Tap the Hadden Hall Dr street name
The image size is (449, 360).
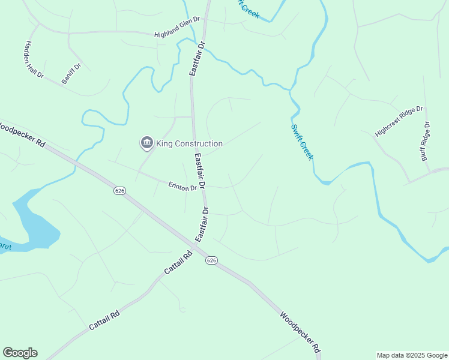tap(34, 60)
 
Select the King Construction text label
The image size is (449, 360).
tap(190, 143)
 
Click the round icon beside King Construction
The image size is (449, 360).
tap(146, 143)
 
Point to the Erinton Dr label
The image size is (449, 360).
tap(182, 187)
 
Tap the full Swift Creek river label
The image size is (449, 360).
tap(301, 142)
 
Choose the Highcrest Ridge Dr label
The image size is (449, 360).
tap(399, 122)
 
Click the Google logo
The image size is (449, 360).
tap(20, 353)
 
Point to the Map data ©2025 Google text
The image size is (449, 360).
tap(411, 355)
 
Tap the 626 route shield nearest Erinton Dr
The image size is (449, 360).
tap(119, 190)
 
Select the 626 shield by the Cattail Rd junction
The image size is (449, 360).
tap(211, 260)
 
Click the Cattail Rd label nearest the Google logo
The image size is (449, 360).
tap(104, 320)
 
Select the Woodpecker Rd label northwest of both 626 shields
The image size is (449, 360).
tap(22, 135)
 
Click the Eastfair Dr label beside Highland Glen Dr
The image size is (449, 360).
tap(197, 58)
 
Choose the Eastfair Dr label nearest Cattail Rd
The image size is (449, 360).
tap(201, 225)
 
